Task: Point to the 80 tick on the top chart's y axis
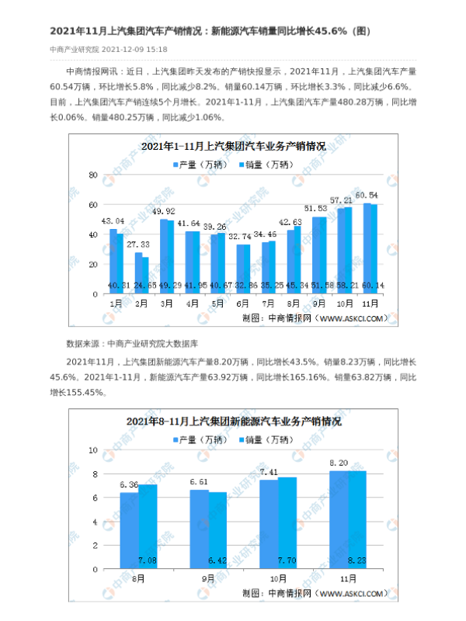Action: pos(92,175)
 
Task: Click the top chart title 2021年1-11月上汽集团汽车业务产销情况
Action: pos(233,146)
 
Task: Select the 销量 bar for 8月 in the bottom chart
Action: pos(148,529)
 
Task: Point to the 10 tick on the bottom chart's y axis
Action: pos(92,450)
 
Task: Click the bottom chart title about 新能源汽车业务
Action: pos(234,422)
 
